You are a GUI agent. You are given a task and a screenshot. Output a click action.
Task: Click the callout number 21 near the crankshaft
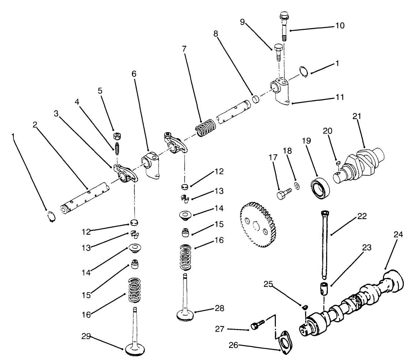coord(356,116)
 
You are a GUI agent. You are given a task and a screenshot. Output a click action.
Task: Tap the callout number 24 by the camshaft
coord(398,234)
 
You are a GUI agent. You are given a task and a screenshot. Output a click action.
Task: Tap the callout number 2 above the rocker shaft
coord(35,125)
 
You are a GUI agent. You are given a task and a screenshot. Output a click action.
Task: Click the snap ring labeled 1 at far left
coord(51,217)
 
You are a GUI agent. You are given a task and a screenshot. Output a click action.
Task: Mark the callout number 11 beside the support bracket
coord(340,97)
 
